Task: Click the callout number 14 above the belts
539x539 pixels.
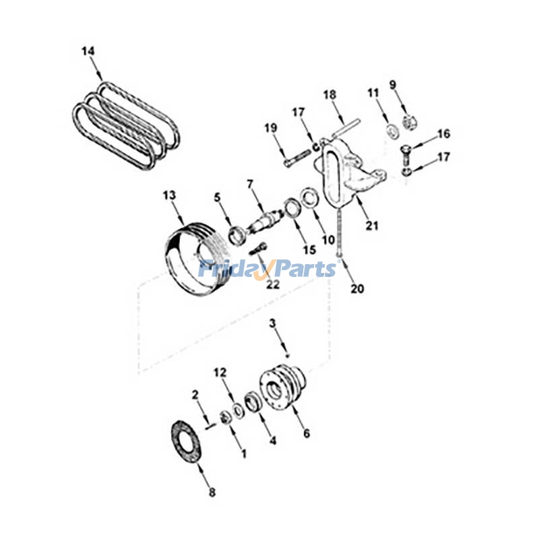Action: (x=88, y=51)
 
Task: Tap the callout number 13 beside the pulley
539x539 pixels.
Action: (x=169, y=195)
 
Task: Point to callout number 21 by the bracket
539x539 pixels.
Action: (x=371, y=226)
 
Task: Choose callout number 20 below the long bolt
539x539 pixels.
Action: (x=357, y=288)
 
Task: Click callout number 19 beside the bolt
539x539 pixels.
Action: (x=270, y=127)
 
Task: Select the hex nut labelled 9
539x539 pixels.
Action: (x=407, y=121)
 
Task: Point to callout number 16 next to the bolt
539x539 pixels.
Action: (x=443, y=134)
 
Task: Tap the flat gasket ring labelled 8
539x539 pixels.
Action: (x=185, y=441)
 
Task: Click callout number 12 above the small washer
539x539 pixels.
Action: (x=220, y=372)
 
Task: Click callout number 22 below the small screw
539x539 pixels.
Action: (x=272, y=285)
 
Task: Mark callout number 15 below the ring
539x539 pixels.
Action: (x=309, y=249)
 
